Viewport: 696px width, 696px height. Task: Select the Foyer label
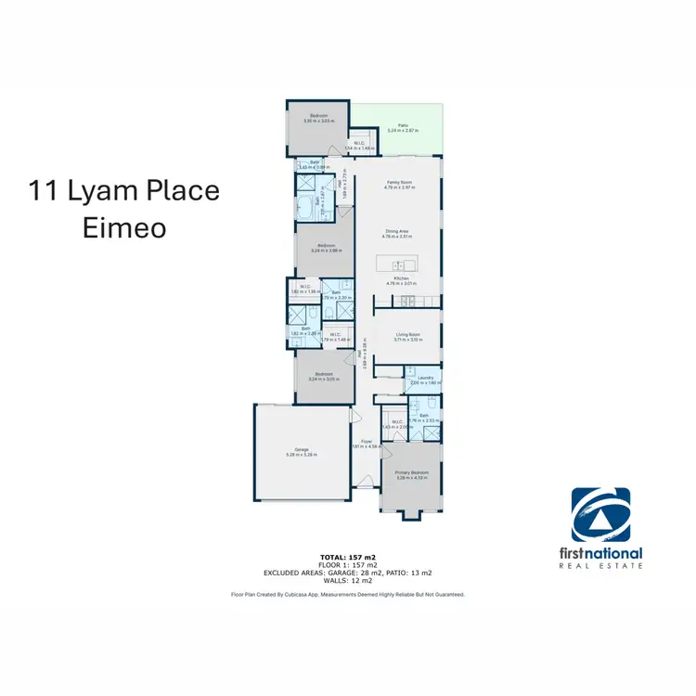[x=367, y=442]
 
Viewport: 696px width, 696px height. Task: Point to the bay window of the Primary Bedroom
[x=410, y=512]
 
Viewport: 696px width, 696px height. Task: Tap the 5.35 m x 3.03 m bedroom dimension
[x=318, y=120]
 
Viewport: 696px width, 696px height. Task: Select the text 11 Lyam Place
[x=124, y=191]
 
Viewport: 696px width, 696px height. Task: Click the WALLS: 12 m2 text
[x=347, y=581]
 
